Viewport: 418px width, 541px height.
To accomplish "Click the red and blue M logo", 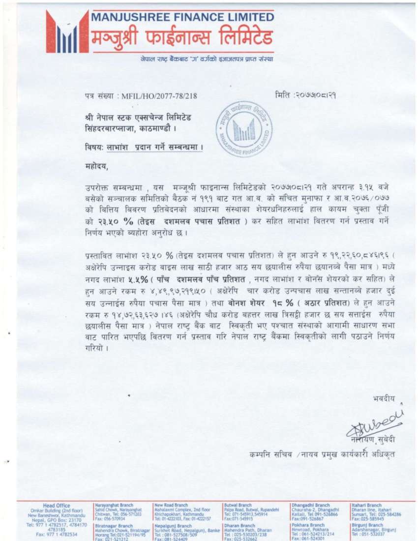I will coord(67,32).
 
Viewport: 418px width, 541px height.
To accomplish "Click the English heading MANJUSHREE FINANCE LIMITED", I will coord(182,17).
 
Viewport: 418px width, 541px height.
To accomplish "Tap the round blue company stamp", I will coord(244,129).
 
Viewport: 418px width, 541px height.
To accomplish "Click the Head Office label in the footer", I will coord(56,505).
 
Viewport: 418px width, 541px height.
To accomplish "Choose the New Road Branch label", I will coord(171,505).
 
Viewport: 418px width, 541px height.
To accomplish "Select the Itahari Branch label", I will coord(367,505).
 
